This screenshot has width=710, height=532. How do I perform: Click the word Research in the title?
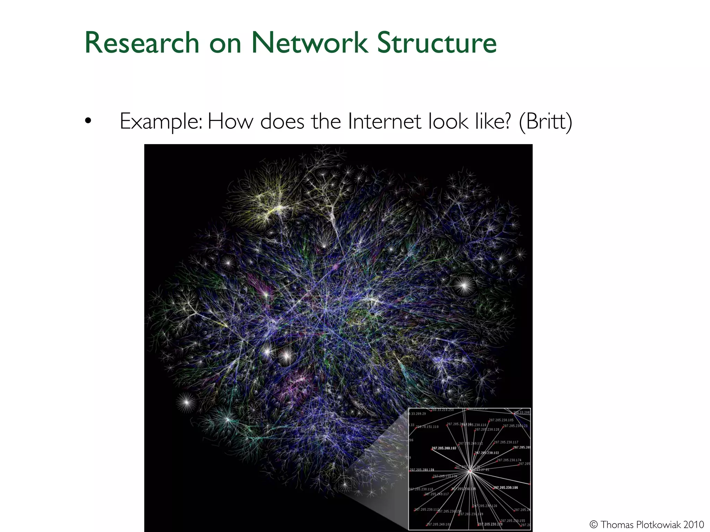coord(142,43)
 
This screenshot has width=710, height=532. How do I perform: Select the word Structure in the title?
coord(437,43)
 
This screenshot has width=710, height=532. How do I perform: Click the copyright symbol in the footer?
coord(593,525)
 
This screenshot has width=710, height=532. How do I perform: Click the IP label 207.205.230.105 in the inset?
coord(501,420)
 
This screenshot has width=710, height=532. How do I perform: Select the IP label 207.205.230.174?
coord(509,460)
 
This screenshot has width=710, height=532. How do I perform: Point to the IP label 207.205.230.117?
coord(506,442)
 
